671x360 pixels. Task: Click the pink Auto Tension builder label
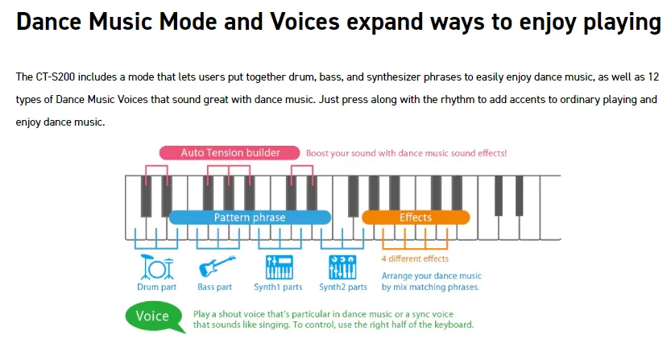(x=230, y=152)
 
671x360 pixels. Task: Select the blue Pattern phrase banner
(x=250, y=217)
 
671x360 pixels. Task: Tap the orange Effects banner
(x=416, y=217)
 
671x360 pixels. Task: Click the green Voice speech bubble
(x=151, y=316)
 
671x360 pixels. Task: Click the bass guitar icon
(x=216, y=267)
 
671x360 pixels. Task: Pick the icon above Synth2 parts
(x=343, y=267)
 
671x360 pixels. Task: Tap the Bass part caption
(x=214, y=287)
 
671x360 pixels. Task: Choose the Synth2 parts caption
(x=343, y=287)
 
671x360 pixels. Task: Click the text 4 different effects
(x=415, y=259)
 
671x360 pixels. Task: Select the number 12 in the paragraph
(x=654, y=77)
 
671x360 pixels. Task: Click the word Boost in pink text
(x=320, y=153)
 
